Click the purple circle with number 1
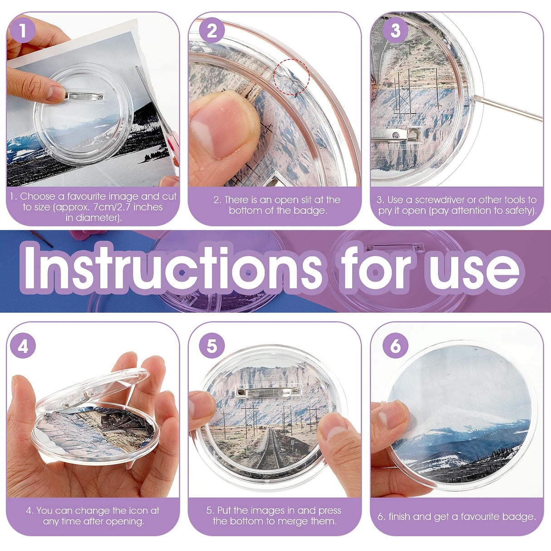click(x=22, y=31)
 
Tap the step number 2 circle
click(x=212, y=31)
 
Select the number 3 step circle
click(x=395, y=31)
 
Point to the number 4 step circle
click(x=22, y=346)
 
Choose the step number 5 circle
click(x=212, y=346)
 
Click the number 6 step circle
click(x=395, y=346)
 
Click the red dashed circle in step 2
click(x=291, y=77)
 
